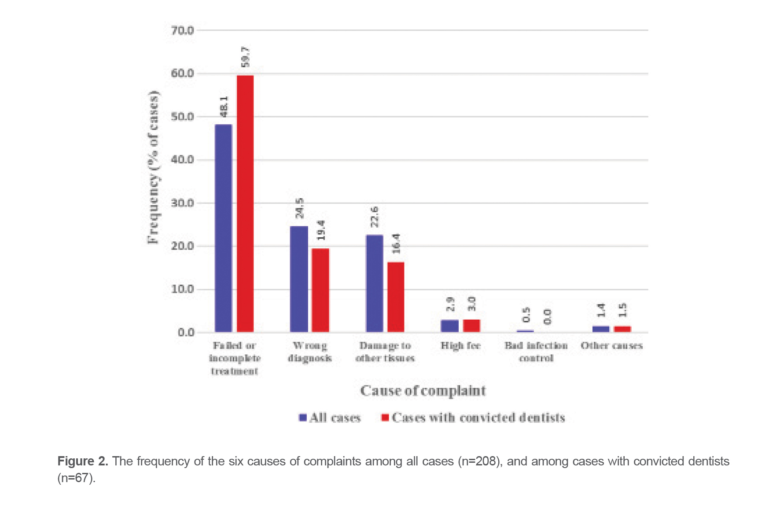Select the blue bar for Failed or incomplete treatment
point(223,228)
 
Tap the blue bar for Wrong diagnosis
point(299,279)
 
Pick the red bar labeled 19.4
point(320,290)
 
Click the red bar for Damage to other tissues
point(396,297)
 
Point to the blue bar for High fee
point(449,326)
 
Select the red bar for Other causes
point(622,329)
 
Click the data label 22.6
point(374,217)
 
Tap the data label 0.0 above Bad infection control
point(547,317)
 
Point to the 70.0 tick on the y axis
point(182,30)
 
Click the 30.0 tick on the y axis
point(182,203)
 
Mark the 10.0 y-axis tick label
point(182,289)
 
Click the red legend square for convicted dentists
point(385,417)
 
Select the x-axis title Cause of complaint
point(423,391)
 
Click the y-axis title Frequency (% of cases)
point(153,167)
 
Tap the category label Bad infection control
point(536,352)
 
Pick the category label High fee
point(460,346)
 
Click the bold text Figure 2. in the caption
point(83,461)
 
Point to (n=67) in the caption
point(76,478)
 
